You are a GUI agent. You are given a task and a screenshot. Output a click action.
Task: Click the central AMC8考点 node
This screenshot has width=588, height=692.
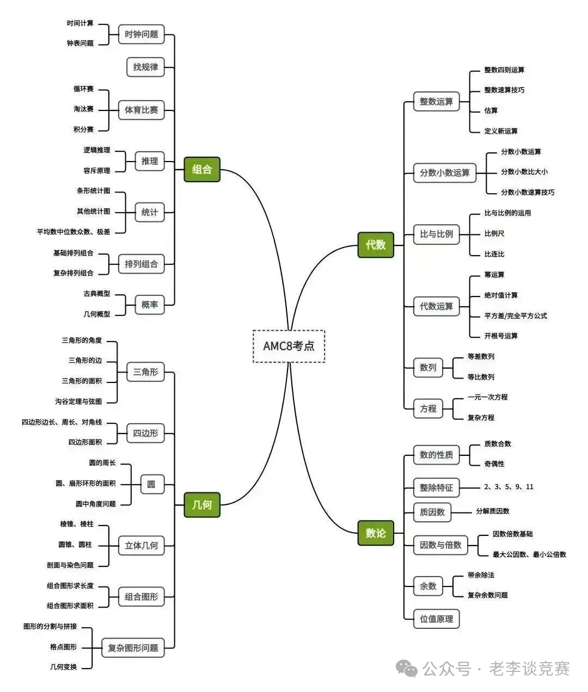[289, 346]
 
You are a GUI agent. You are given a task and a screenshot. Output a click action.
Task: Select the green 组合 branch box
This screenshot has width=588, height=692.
[202, 169]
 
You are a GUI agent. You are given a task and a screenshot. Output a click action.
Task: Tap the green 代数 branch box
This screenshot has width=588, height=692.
[376, 245]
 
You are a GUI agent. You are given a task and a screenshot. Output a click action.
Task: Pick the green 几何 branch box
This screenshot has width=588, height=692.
[202, 505]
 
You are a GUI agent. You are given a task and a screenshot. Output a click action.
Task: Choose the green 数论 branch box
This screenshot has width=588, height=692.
[376, 533]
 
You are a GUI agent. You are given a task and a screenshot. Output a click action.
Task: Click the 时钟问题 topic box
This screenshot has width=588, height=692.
[141, 34]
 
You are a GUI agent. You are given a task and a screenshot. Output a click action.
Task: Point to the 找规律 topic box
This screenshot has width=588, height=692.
[145, 67]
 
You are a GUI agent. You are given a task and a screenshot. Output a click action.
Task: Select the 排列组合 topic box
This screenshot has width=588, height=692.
[141, 264]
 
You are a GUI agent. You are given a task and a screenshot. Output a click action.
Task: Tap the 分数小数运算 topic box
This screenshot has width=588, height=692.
[444, 173]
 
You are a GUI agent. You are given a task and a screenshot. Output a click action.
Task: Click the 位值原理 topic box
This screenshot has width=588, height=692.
[436, 619]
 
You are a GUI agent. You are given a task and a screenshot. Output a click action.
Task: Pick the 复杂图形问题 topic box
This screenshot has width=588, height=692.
[133, 648]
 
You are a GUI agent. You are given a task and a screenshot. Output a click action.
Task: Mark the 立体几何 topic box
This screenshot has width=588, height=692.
[141, 545]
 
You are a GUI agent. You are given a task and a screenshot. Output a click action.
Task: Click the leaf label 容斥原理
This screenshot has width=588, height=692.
[97, 171]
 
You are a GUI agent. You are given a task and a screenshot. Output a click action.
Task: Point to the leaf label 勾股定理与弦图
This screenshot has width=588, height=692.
[78, 401]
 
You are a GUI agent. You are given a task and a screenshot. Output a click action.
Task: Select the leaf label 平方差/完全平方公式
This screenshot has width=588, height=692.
[516, 316]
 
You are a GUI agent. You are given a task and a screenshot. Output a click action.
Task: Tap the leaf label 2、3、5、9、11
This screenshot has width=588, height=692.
[509, 487]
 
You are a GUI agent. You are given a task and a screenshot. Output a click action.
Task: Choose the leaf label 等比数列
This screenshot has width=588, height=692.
[481, 377]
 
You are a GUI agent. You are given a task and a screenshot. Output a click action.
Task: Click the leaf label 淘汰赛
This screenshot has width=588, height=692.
[83, 109]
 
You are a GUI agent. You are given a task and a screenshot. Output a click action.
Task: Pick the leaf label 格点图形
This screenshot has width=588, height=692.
[63, 647]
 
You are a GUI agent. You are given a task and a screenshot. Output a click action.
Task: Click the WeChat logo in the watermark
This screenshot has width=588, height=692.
[407, 668]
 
